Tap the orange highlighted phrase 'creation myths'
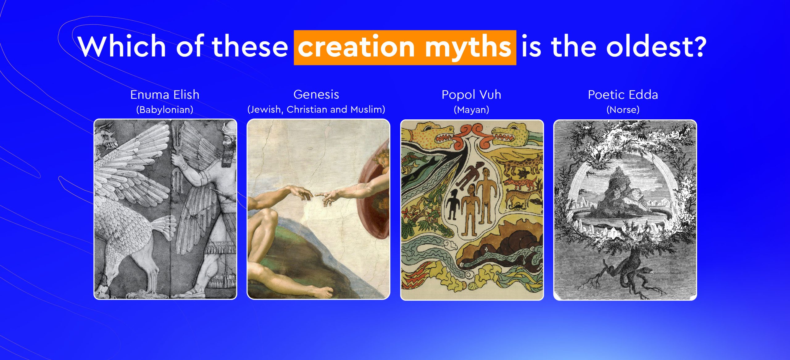(405, 48)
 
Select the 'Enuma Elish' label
(165, 95)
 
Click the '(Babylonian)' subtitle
(165, 110)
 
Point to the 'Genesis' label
(316, 94)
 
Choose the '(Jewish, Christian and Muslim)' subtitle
(316, 110)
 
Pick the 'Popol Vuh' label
(472, 95)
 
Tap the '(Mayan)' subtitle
(472, 110)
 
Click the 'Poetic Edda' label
(623, 95)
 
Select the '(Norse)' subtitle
(623, 110)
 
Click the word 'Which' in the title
(122, 46)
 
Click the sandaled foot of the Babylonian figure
(194, 292)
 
